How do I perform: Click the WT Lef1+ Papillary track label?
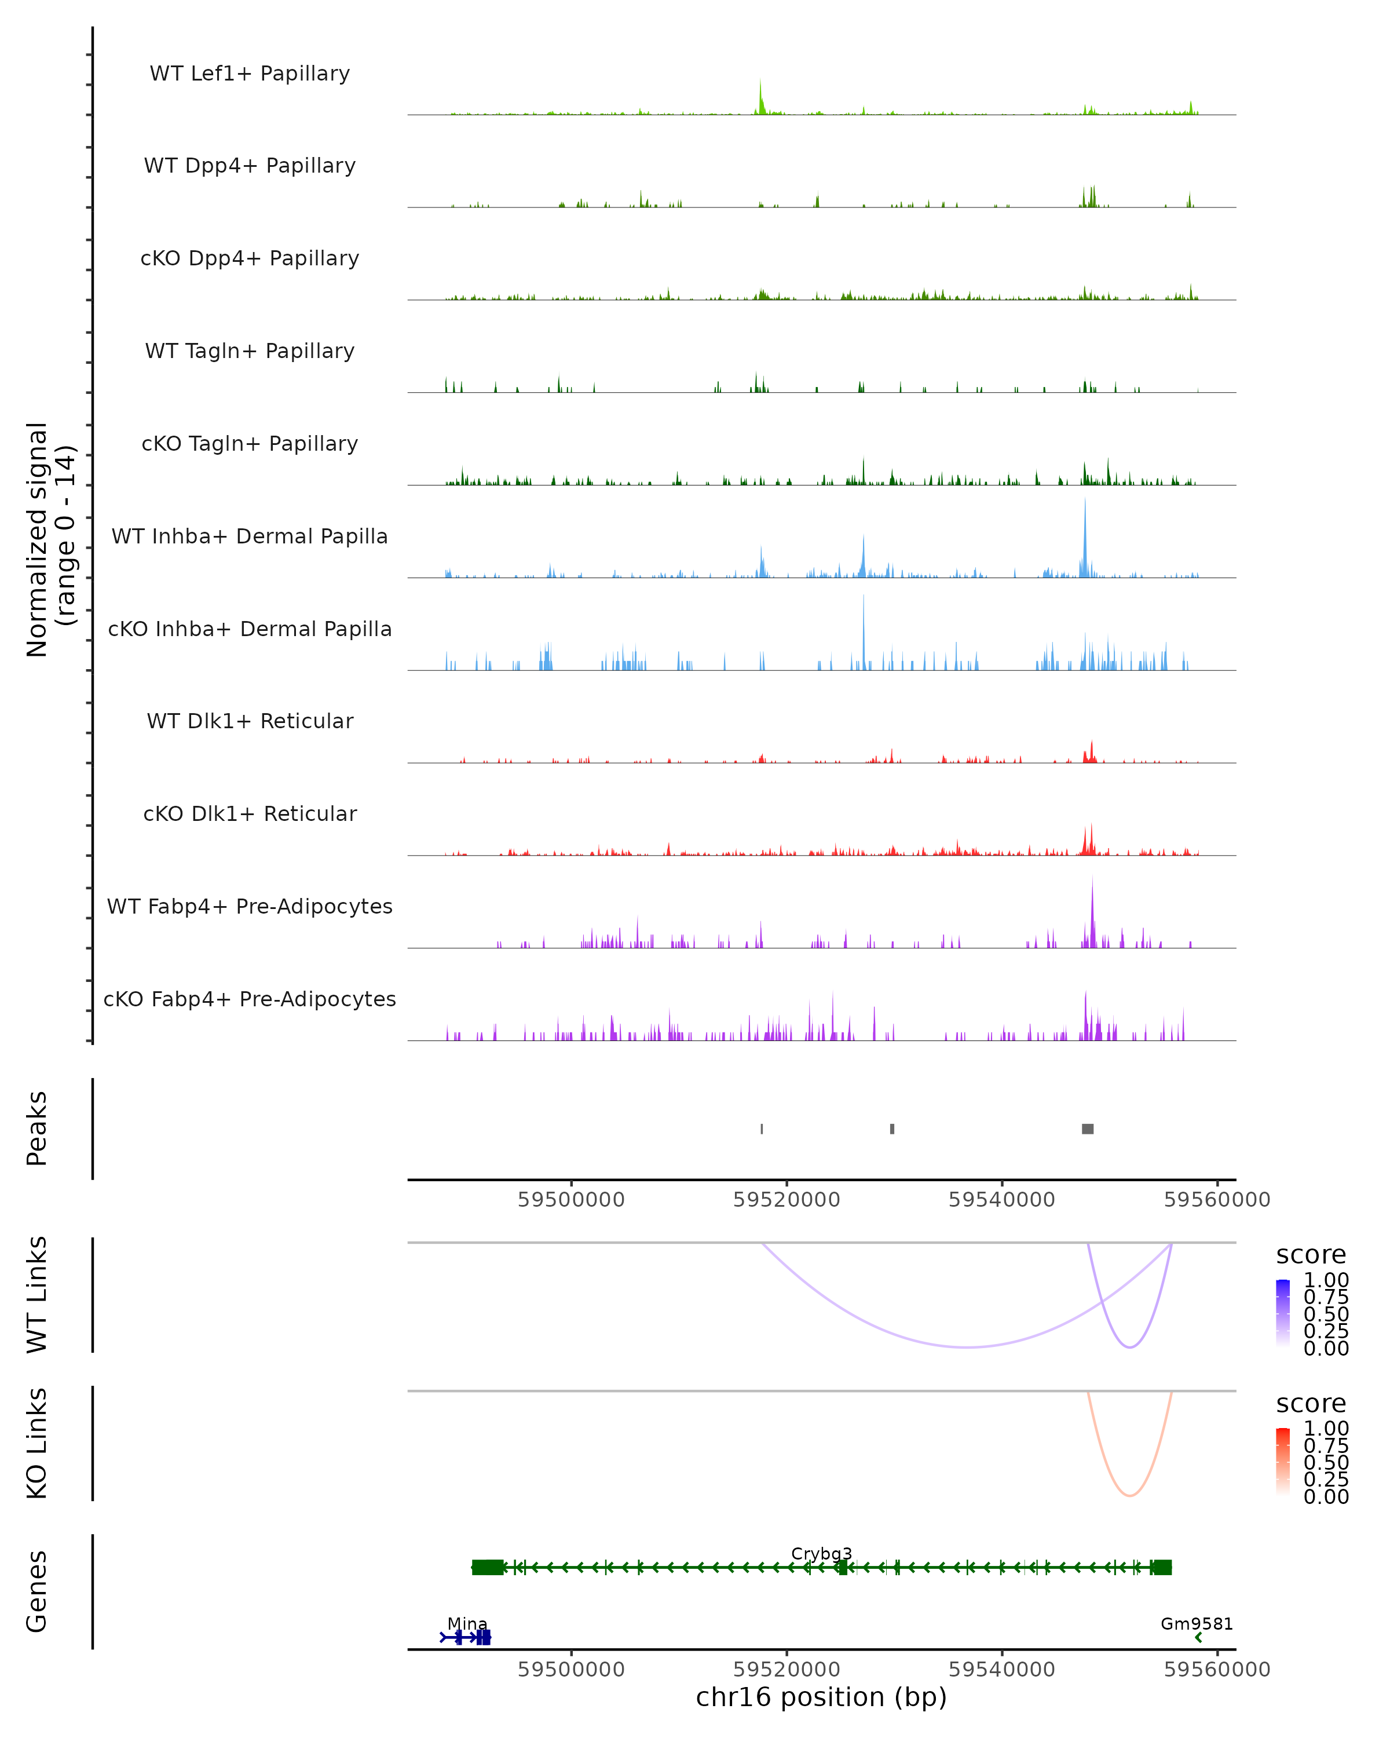click(250, 74)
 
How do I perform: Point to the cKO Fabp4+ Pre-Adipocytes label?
click(250, 999)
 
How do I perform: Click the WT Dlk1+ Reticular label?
click(250, 721)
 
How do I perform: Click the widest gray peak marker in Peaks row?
click(1088, 1129)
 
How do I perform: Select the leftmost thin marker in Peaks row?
click(762, 1129)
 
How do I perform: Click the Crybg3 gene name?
click(821, 1553)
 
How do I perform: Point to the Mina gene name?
click(467, 1623)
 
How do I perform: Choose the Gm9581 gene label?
click(1197, 1623)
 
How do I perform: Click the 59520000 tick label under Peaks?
click(787, 1200)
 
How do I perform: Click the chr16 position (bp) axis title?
click(821, 1697)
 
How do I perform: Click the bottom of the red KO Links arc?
click(1130, 1495)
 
